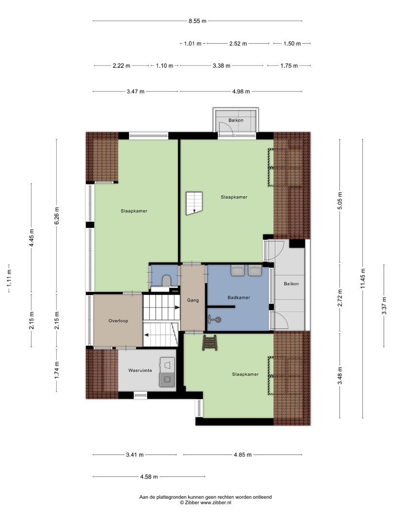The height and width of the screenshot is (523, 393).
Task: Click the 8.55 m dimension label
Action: click(197, 21)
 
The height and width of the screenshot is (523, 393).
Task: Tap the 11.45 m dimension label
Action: click(363, 278)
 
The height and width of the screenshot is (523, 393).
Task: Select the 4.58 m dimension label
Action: click(149, 477)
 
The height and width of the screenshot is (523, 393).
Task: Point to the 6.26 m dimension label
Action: click(56, 216)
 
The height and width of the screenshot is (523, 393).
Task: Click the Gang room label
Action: click(193, 300)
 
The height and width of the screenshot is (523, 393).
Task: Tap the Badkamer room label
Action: click(239, 297)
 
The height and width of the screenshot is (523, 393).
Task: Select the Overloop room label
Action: click(118, 321)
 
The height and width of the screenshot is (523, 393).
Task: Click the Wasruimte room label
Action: click(140, 370)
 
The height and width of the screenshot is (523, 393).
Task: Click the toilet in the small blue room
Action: click(166, 280)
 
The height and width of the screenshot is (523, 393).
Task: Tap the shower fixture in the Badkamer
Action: click(214, 320)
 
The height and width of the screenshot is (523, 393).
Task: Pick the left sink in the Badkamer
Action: click(238, 270)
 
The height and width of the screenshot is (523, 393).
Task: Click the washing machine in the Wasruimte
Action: click(167, 380)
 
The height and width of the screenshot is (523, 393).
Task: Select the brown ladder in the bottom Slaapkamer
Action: click(210, 343)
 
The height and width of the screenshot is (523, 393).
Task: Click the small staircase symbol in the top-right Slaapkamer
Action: click(194, 203)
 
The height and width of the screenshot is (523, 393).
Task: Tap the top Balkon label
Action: click(236, 120)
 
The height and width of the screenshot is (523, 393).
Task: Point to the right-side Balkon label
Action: click(292, 284)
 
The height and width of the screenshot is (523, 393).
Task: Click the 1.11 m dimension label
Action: click(9, 278)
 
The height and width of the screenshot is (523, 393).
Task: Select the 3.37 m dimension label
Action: click(384, 306)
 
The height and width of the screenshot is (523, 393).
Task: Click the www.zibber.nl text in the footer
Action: click(215, 503)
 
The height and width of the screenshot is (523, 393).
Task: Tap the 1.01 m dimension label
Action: click(193, 44)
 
